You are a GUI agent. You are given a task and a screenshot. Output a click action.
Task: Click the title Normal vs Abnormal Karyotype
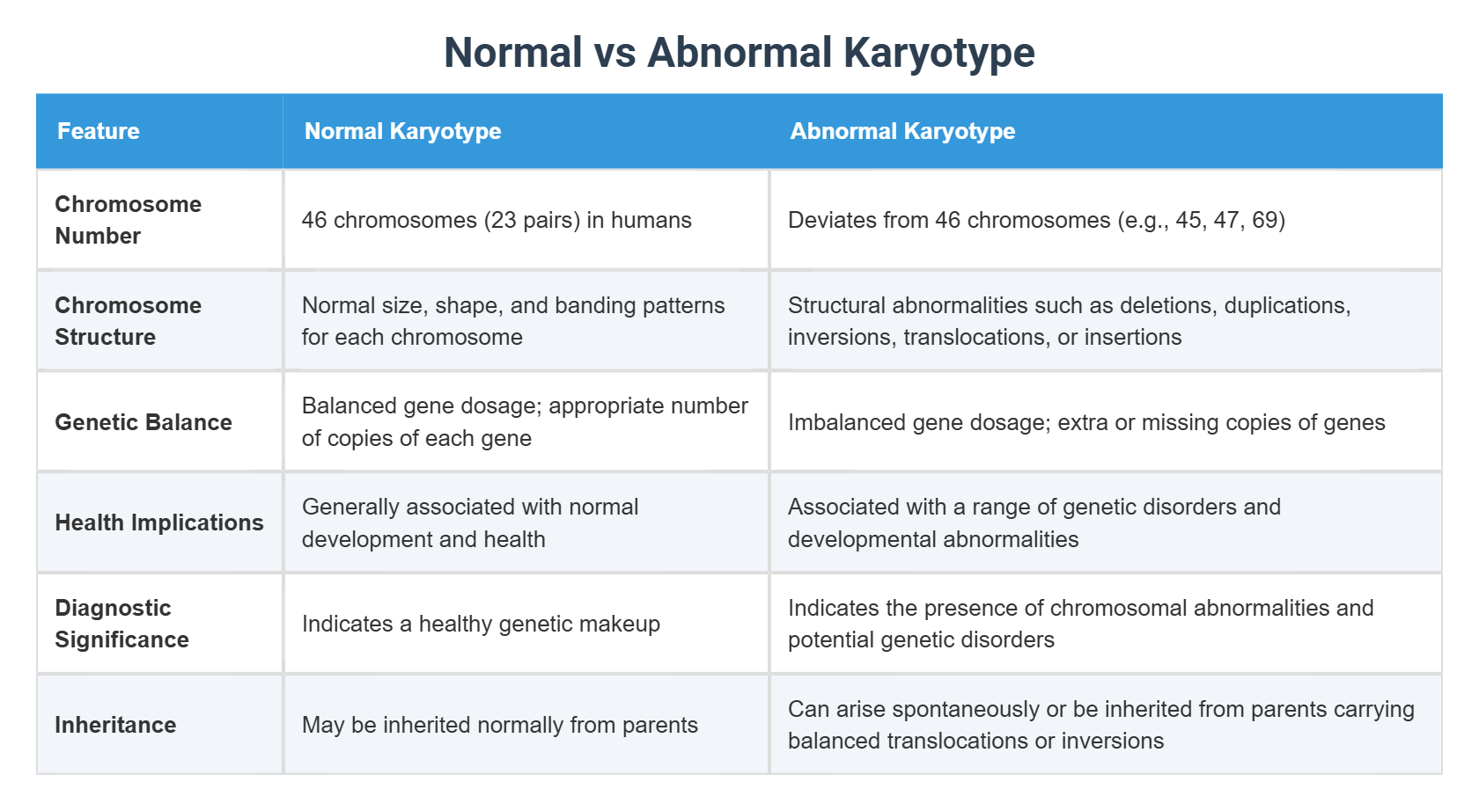tap(739, 52)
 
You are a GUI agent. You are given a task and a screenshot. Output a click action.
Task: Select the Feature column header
tap(99, 131)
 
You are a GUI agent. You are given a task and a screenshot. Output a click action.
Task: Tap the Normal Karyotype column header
tap(402, 131)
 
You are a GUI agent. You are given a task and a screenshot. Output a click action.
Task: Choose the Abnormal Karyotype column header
tap(902, 131)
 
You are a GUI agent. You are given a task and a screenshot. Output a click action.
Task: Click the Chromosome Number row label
tap(128, 220)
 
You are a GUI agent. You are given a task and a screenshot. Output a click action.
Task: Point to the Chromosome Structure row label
tap(128, 321)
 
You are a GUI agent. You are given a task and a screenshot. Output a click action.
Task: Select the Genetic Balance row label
tap(143, 422)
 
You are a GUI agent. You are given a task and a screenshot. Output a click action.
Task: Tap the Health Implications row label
tap(159, 522)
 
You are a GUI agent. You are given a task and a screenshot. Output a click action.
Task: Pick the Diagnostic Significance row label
tap(121, 624)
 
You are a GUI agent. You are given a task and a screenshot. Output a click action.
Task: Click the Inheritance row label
tap(115, 725)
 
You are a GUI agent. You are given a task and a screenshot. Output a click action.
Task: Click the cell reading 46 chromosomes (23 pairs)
tap(497, 220)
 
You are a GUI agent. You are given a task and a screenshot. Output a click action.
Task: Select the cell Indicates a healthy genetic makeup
tap(481, 624)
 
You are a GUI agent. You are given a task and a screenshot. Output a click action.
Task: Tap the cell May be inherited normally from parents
tap(499, 725)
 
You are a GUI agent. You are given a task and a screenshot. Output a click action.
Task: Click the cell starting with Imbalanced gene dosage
tap(1086, 422)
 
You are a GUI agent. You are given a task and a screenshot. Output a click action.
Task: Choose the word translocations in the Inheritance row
tap(957, 741)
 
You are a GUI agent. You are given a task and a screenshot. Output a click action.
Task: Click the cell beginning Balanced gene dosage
tap(525, 422)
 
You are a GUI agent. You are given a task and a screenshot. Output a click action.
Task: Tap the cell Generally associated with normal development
tap(470, 522)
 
